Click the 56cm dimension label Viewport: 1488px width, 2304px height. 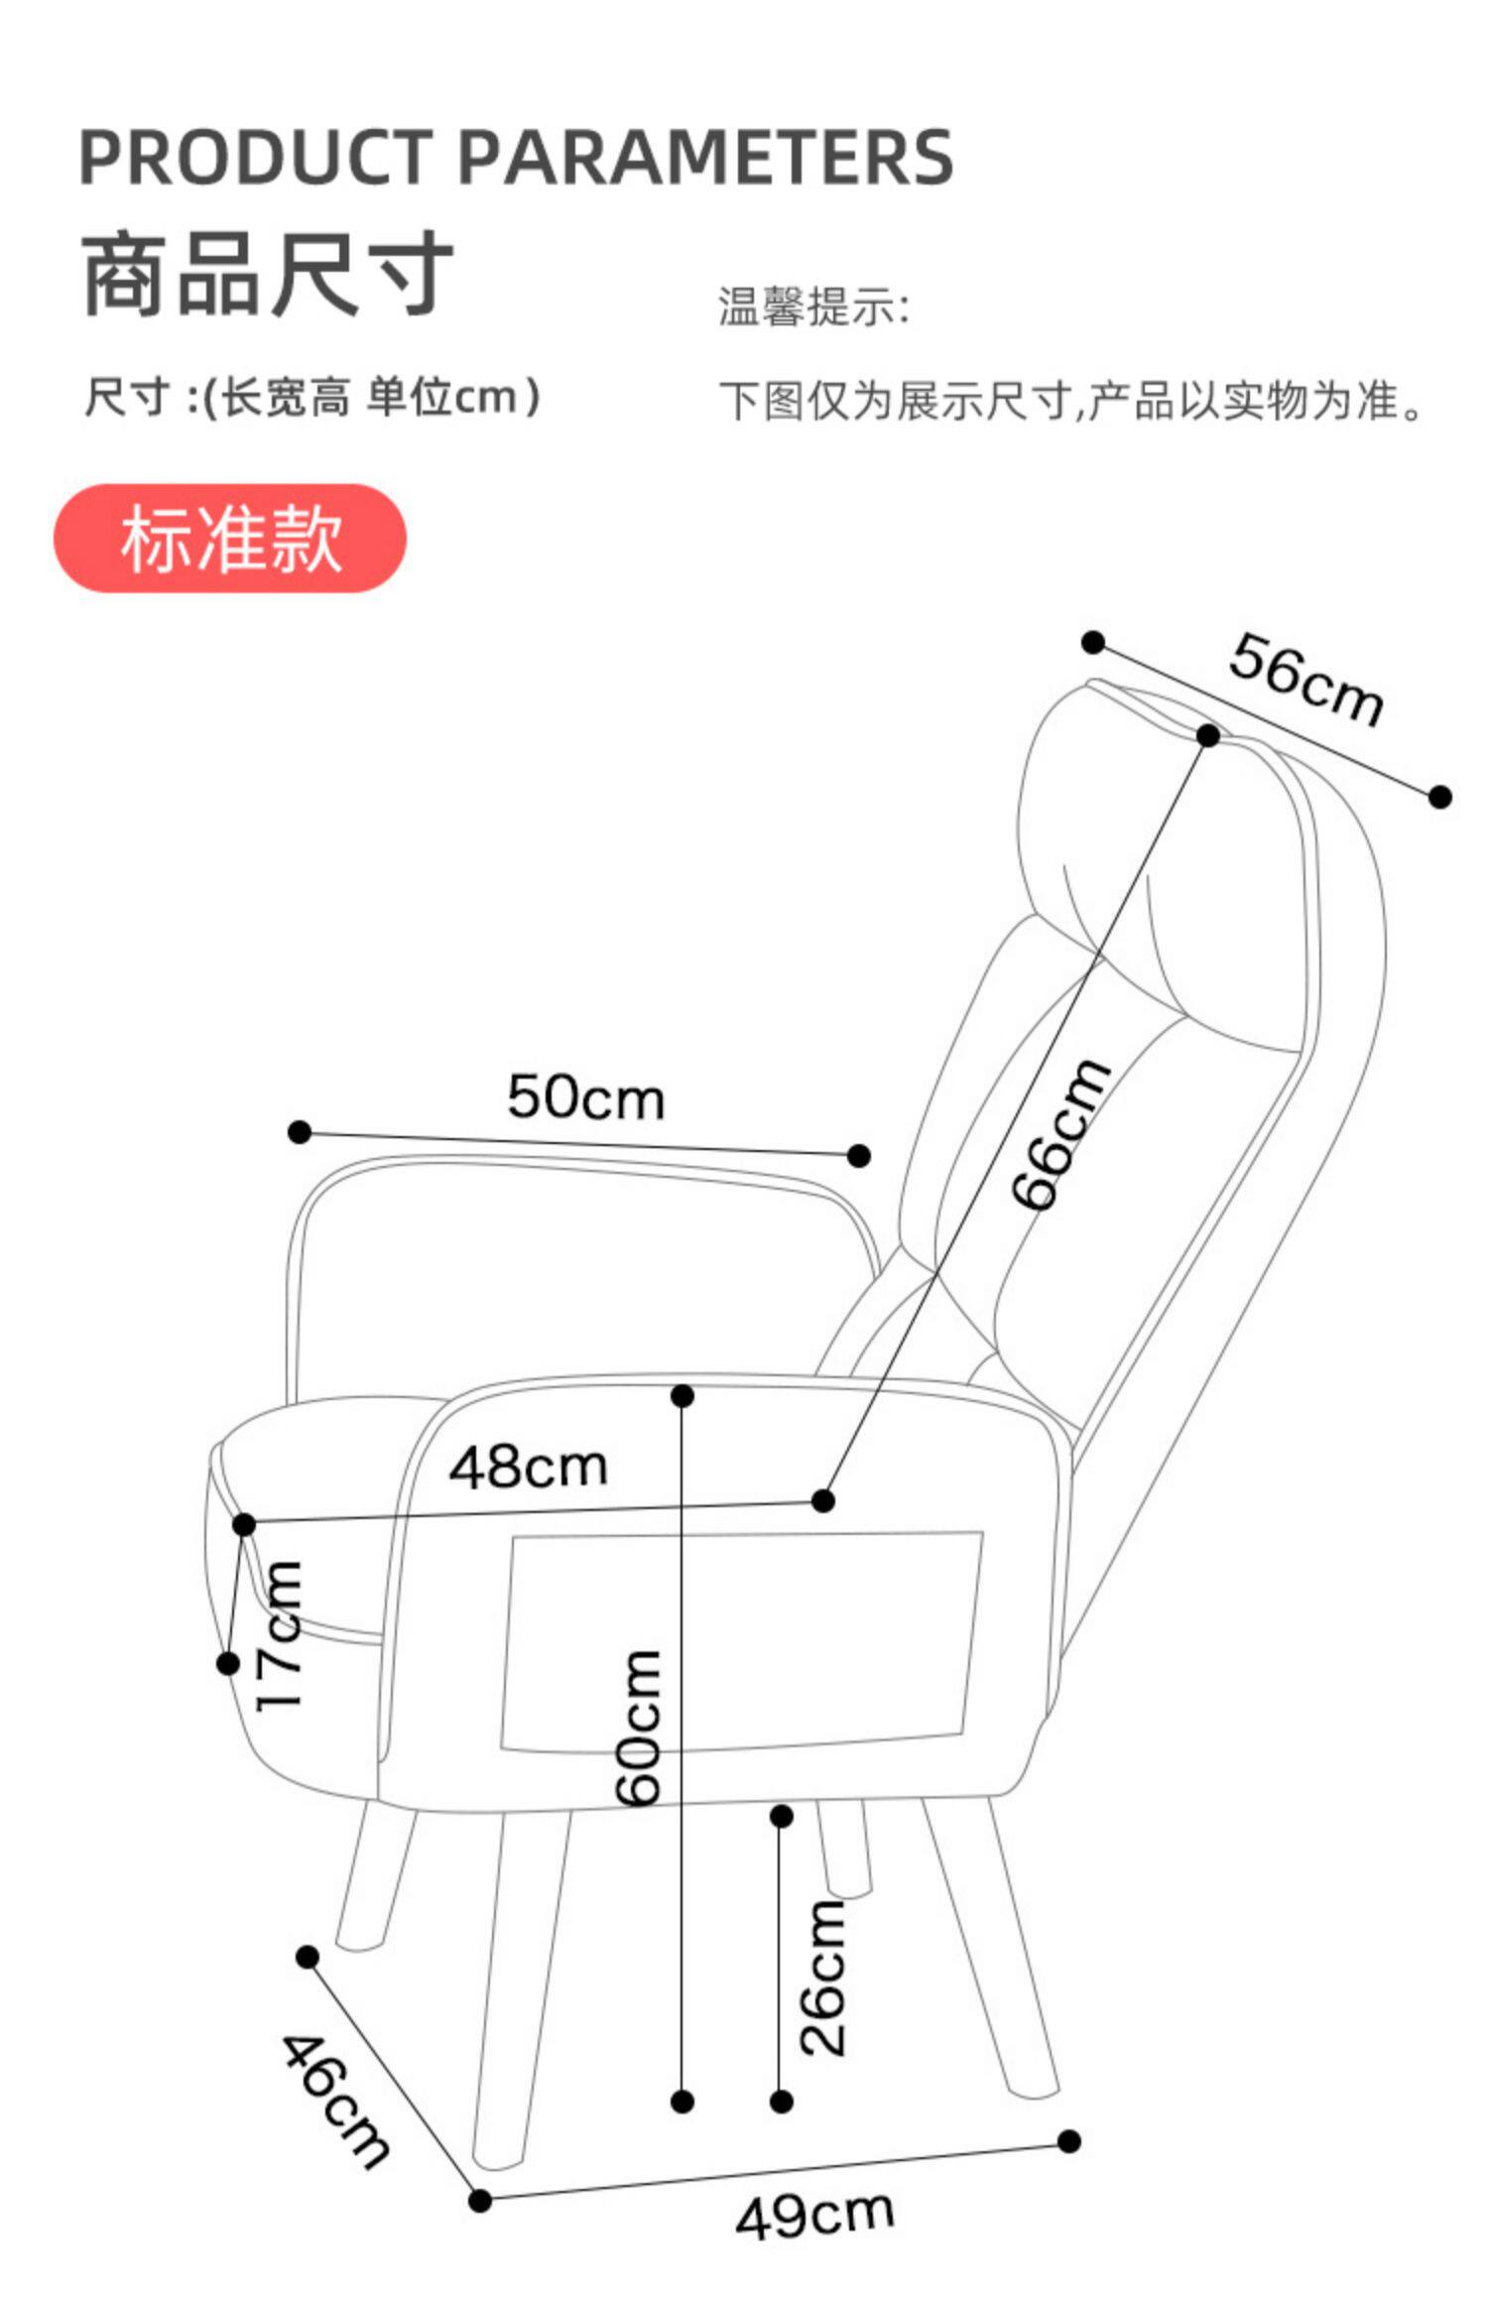click(1305, 681)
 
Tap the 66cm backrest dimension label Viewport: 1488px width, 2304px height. click(1060, 1134)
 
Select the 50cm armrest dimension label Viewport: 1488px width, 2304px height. click(585, 1098)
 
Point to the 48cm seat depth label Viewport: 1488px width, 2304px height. click(528, 1468)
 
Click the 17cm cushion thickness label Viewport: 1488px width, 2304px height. click(279, 1634)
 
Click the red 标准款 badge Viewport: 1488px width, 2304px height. click(230, 539)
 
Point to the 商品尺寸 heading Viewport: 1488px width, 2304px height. click(268, 275)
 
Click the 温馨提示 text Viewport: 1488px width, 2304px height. click(813, 307)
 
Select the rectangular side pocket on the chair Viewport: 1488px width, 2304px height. click(739, 1642)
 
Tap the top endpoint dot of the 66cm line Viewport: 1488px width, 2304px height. click(1207, 736)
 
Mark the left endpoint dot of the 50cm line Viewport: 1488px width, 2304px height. click(300, 1132)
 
